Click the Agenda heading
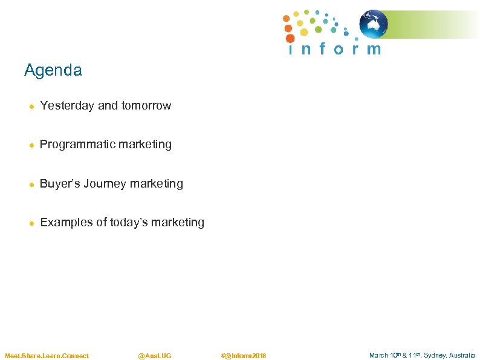tap(53, 70)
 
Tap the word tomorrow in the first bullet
tap(146, 106)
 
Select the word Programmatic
tap(75, 145)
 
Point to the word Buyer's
tap(60, 183)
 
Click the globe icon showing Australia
tap(374, 25)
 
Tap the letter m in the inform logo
tap(374, 49)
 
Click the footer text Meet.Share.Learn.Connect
tap(47, 356)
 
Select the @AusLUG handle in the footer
tap(155, 356)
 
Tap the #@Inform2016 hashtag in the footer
tap(244, 356)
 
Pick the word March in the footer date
tap(378, 356)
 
